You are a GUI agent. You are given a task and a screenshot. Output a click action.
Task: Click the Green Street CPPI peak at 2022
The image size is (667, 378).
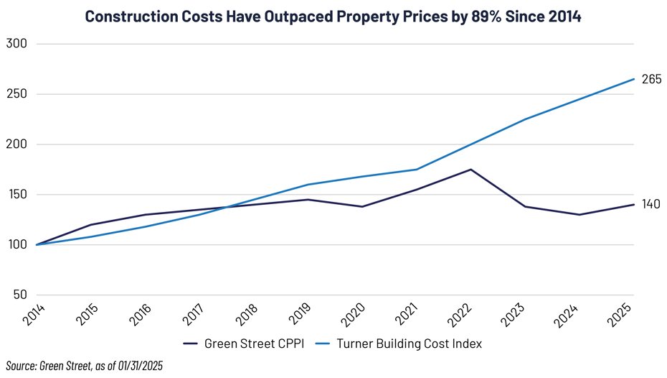[x=470, y=170]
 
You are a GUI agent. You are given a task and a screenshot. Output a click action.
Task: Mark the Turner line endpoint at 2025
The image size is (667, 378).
[x=634, y=79]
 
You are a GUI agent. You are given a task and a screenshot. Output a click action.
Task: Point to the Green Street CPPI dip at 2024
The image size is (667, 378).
[x=580, y=214]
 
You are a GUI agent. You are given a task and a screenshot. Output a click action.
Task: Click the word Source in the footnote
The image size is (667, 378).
[x=19, y=367]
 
